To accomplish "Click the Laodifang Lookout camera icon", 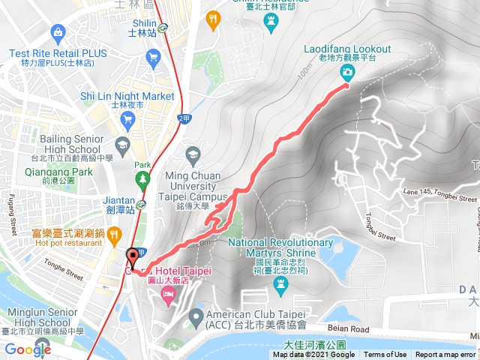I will coord(349,72).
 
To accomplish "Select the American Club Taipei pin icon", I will coord(196,314).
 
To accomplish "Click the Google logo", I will coord(28,349).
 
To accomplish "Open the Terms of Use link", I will coord(385,355).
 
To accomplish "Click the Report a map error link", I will coord(447,355).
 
